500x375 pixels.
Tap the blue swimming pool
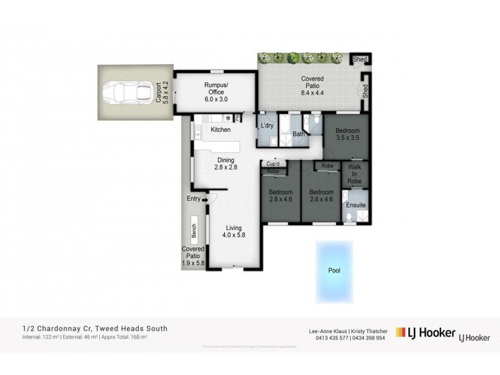(x=335, y=271)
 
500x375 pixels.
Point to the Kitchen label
(x=221, y=130)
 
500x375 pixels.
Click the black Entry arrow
(x=204, y=199)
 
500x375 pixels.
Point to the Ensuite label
(x=356, y=204)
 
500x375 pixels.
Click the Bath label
(x=298, y=134)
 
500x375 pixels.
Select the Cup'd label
(x=273, y=164)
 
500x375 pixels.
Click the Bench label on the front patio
(x=194, y=231)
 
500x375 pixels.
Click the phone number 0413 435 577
(x=317, y=337)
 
